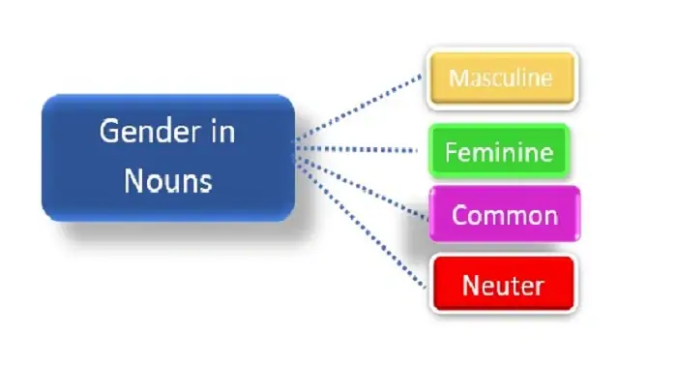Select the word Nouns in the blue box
(x=167, y=179)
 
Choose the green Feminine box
(x=498, y=152)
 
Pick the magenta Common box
(x=504, y=214)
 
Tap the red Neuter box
(x=502, y=285)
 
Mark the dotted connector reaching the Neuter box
(x=363, y=224)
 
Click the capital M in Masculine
(x=457, y=78)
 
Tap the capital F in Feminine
(x=450, y=152)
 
